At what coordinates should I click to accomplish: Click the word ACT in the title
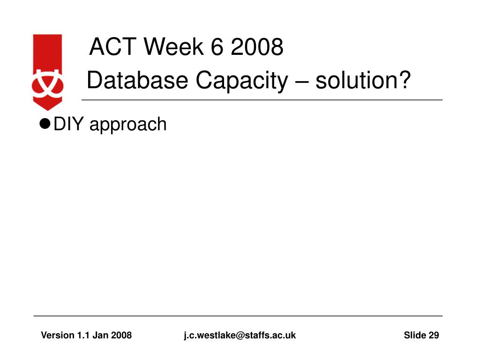(112, 46)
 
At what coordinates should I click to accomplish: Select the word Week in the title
(173, 46)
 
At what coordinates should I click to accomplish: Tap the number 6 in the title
(217, 46)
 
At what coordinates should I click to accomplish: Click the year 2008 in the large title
(257, 46)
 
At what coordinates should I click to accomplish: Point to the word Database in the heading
(137, 80)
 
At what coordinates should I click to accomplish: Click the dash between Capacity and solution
(301, 82)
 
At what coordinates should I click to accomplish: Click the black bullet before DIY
(45, 124)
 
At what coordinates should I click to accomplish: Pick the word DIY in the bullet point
(68, 124)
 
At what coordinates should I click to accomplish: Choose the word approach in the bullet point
(128, 125)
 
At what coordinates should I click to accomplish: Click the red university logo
(47, 72)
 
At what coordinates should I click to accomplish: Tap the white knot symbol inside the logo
(47, 84)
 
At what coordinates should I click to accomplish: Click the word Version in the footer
(58, 335)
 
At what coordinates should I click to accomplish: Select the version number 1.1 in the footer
(83, 335)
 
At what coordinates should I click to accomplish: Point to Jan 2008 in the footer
(112, 335)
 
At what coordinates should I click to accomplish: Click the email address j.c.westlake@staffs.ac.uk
(240, 336)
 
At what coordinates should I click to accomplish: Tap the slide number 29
(434, 335)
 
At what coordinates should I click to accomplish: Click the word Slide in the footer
(415, 335)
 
